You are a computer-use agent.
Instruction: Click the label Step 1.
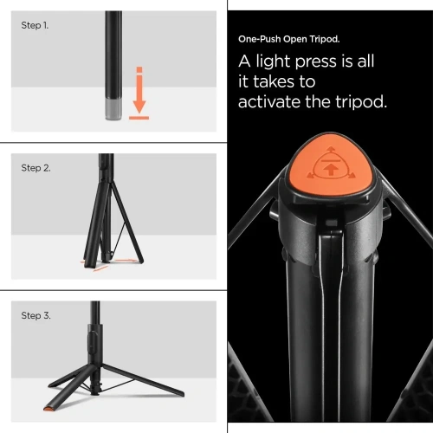(35, 25)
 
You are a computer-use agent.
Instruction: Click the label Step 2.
(36, 168)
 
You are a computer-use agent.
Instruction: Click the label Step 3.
(36, 315)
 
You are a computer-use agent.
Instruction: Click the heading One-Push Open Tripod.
(289, 39)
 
